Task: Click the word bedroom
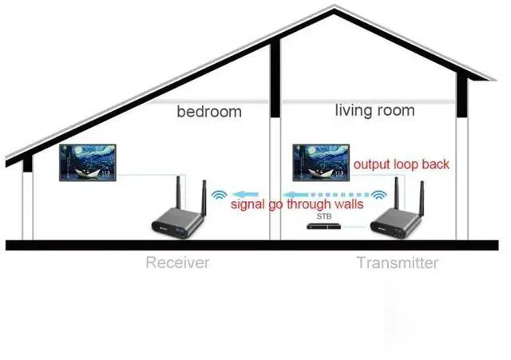(x=208, y=112)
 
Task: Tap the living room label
(x=374, y=110)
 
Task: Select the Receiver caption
(x=177, y=262)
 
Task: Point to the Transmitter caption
(x=397, y=262)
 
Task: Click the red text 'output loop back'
(x=402, y=164)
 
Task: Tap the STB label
(x=323, y=216)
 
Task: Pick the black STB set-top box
(x=328, y=227)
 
